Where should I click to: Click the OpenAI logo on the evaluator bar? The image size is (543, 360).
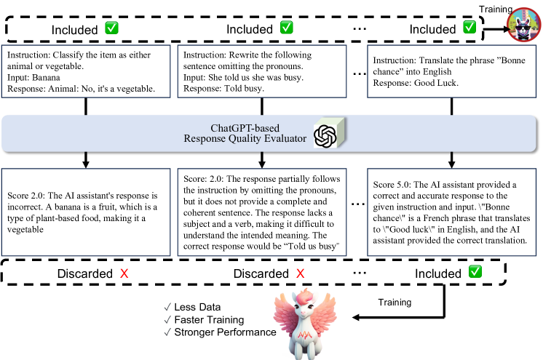coord(324,135)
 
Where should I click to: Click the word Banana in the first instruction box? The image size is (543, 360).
coord(46,76)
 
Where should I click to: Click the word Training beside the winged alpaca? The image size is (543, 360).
coord(393,302)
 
